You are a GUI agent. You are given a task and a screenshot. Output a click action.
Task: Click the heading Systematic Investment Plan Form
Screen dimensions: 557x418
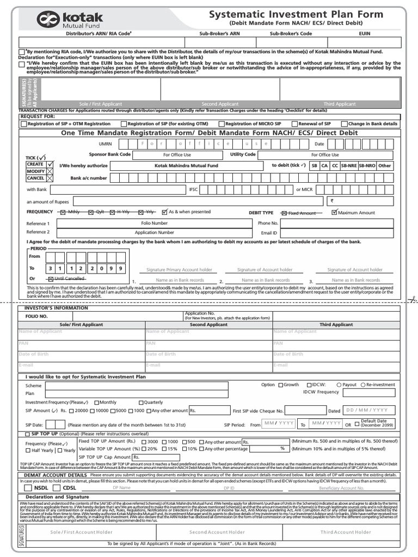click(296, 15)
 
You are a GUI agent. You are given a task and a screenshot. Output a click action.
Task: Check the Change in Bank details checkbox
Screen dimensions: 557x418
click(345, 124)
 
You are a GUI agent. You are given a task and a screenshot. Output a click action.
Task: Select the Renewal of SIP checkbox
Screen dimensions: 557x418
click(294, 124)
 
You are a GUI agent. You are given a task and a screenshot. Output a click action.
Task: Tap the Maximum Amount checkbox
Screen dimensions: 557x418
click(334, 212)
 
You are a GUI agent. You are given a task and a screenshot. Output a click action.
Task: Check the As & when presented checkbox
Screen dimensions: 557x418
click(165, 212)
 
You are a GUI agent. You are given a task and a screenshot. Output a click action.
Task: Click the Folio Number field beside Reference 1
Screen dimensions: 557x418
click(155, 223)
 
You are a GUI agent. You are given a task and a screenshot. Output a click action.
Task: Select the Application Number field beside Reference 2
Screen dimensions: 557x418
click(155, 232)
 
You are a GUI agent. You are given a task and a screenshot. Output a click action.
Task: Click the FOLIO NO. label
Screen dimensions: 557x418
click(36, 316)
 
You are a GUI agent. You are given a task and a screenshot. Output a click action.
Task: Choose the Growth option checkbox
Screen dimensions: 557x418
click(280, 385)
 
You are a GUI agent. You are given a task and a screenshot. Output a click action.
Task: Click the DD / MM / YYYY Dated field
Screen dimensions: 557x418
click(366, 411)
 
